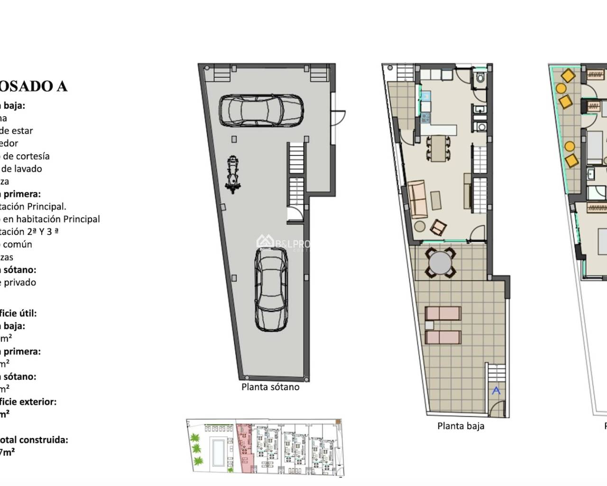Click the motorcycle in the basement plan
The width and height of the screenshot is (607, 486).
232,174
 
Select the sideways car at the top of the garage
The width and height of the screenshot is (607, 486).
261,110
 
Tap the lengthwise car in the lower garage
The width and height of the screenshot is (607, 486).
271,290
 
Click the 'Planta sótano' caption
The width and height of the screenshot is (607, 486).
270,387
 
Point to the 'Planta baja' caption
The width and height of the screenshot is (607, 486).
460,426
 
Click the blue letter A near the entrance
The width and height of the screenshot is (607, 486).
496,391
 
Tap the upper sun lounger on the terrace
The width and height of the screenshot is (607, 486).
443,313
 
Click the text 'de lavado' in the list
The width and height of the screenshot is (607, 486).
21,168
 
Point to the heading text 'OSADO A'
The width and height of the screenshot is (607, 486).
33,86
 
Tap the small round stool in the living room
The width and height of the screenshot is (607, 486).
419,225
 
